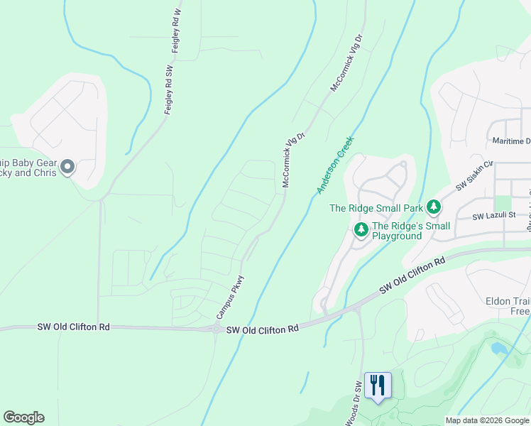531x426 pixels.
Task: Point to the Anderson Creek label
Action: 335,165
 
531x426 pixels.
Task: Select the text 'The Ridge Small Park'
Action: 376,208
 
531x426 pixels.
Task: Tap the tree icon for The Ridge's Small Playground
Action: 361,229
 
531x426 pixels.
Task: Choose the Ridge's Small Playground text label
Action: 411,231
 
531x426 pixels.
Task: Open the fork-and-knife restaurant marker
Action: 378,386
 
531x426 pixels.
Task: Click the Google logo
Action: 23,417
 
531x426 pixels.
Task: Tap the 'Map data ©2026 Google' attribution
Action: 487,420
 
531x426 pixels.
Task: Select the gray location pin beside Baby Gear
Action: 68,168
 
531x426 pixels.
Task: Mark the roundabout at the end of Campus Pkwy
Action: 215,328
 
